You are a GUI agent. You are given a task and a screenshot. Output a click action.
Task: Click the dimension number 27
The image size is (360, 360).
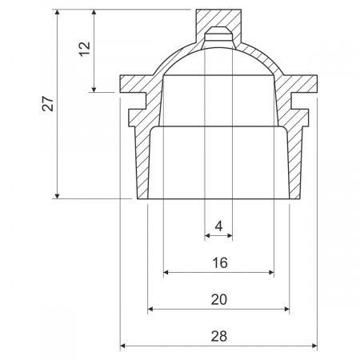click(x=49, y=103)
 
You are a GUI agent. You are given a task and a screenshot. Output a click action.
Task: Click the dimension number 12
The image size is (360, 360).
click(x=86, y=49)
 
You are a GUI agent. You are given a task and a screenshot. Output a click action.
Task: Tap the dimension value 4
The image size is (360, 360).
click(x=218, y=226)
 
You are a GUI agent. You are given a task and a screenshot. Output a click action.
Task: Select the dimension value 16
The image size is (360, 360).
click(x=220, y=262)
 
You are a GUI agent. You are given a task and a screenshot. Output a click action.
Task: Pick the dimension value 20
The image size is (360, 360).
click(x=219, y=299)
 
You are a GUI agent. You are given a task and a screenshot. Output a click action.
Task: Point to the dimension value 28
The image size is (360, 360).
click(x=219, y=336)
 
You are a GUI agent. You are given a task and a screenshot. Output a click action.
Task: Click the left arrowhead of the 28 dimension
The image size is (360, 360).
click(x=122, y=346)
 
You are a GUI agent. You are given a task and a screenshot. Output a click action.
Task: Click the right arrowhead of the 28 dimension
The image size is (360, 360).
click(x=314, y=346)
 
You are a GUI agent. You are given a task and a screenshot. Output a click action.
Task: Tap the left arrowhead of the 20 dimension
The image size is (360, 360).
click(x=150, y=309)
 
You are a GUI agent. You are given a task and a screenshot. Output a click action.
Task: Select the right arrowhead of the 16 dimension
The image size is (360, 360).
click(x=271, y=272)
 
